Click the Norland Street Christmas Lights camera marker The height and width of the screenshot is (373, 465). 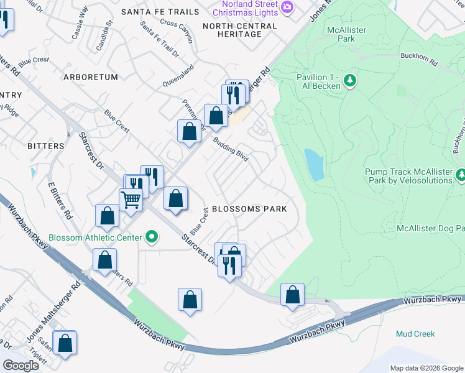click(x=287, y=7)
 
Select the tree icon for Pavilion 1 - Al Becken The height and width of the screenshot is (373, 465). click(x=350, y=80)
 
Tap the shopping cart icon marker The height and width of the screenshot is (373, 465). click(x=131, y=200)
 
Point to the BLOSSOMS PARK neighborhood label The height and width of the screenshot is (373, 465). click(x=249, y=209)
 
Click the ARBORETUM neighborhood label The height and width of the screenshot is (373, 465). click(x=90, y=77)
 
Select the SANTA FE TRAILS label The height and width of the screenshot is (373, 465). click(x=160, y=12)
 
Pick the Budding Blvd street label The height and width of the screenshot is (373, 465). click(x=231, y=150)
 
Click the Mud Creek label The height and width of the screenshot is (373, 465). click(x=415, y=334)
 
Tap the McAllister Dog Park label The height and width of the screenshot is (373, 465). click(x=430, y=229)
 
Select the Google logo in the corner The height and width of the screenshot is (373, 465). click(x=21, y=366)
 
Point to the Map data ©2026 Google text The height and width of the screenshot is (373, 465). click(x=426, y=368)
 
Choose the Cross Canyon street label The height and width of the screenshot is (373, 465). click(x=177, y=23)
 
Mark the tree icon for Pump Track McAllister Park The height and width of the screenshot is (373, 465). click(x=461, y=175)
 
